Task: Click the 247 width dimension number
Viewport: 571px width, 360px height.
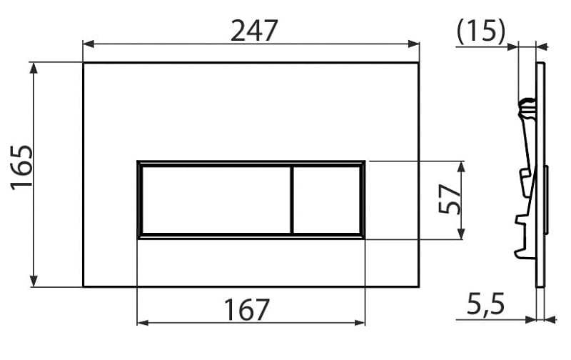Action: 254,31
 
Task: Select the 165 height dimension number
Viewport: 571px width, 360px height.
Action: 22,168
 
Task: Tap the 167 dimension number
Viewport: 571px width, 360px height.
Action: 246,310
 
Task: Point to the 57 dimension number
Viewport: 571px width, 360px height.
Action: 450,199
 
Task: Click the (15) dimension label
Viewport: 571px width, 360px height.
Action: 481,31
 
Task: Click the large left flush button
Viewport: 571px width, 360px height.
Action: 216,200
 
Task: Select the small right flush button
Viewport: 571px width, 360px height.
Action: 327,200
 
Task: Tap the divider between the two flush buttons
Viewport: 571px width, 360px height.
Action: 292,200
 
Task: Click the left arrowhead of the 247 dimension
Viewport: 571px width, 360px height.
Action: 89,44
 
